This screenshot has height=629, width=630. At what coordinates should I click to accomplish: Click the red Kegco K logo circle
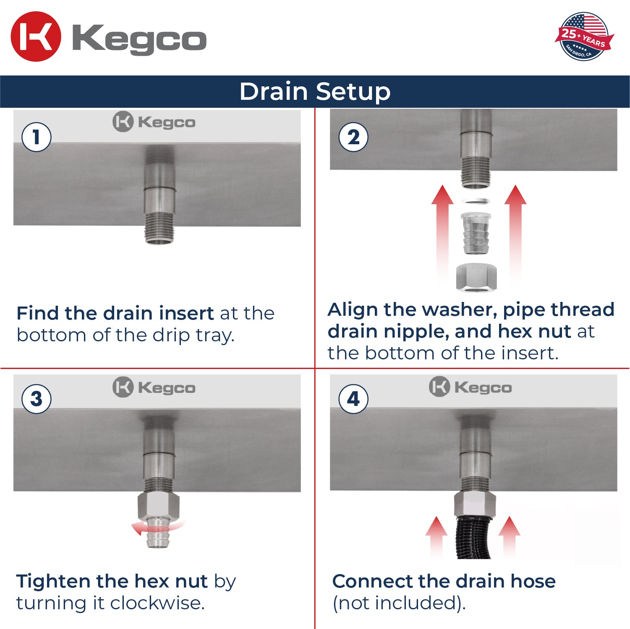(36, 37)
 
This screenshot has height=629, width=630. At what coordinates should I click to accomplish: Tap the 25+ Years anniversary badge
(584, 36)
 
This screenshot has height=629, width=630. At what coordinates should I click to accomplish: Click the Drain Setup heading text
(315, 91)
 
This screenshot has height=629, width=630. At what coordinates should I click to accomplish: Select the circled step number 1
(37, 137)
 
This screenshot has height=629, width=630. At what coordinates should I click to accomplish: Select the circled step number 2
(353, 137)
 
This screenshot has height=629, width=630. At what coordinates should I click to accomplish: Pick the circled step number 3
(37, 399)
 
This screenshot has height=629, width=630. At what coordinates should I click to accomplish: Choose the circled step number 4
(353, 399)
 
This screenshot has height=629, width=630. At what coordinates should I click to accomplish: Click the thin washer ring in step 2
(476, 201)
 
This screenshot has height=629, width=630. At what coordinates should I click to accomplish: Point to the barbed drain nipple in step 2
(476, 233)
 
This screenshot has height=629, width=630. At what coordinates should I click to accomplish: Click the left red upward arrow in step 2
(442, 231)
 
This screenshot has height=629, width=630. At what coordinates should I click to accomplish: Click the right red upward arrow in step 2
(515, 231)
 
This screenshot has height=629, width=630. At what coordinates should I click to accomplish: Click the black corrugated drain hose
(473, 539)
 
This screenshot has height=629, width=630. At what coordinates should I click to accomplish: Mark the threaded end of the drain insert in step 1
(159, 229)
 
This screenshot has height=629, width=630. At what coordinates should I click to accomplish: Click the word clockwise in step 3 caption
(157, 603)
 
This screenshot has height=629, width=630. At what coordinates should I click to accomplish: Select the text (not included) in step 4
(399, 603)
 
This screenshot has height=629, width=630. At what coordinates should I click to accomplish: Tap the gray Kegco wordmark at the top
(139, 39)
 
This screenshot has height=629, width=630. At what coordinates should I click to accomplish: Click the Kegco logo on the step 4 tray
(471, 387)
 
